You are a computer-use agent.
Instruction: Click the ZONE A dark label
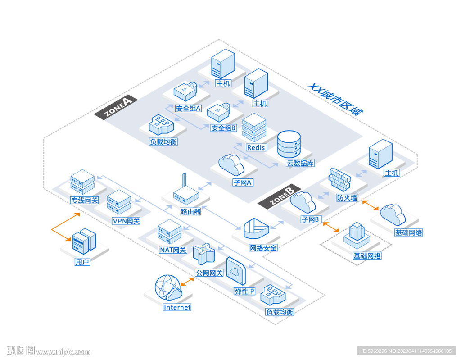point(116,107)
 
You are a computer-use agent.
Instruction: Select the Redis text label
point(256,147)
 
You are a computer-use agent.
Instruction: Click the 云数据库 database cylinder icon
point(289,144)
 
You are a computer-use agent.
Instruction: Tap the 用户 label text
point(82,262)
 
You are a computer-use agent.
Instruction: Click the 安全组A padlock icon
point(185,91)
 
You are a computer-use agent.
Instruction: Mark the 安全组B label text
point(224,128)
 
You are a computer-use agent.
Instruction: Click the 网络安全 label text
point(263,248)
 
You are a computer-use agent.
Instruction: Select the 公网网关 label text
point(209,273)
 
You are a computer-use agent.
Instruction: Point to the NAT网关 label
point(173,250)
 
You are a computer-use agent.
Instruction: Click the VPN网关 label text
point(126,221)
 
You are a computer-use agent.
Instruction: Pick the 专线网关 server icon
point(82,182)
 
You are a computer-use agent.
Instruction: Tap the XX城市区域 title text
point(335,99)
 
